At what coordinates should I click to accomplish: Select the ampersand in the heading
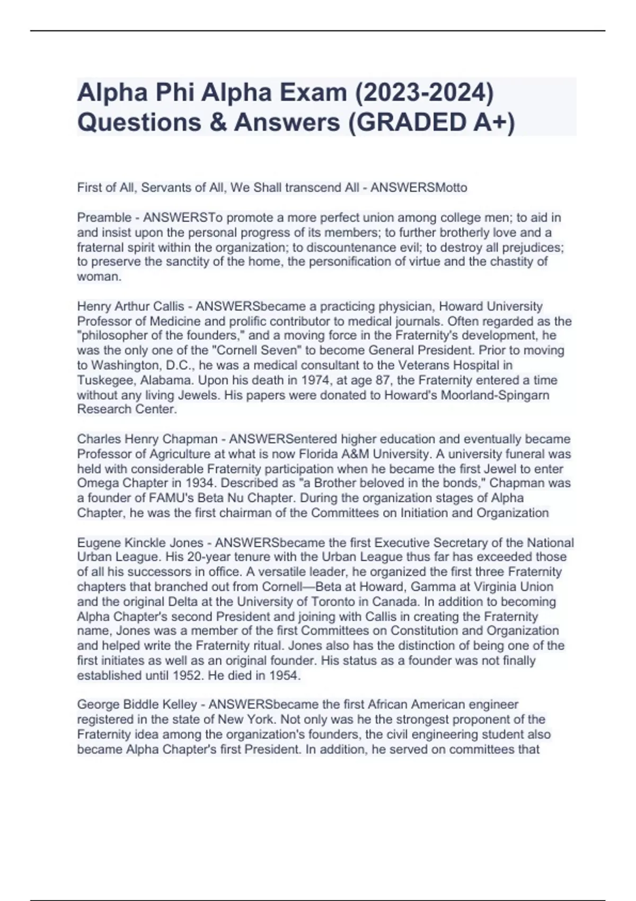(x=217, y=122)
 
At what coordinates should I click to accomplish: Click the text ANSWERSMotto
(x=419, y=188)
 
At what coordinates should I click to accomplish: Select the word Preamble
(x=104, y=218)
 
